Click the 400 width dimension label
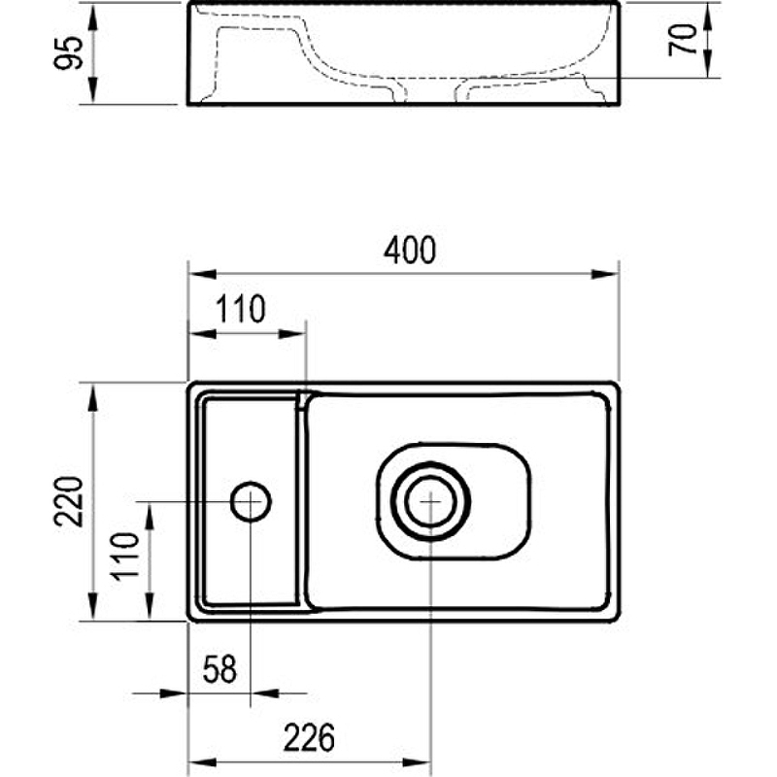pyautogui.click(x=409, y=251)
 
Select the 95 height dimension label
pyautogui.click(x=68, y=53)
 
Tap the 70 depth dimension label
pyautogui.click(x=683, y=40)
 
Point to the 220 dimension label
pyautogui.click(x=68, y=501)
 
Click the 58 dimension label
pyautogui.click(x=220, y=669)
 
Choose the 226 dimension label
pyautogui.click(x=309, y=738)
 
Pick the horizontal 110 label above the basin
pyautogui.click(x=240, y=309)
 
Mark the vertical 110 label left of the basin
pyautogui.click(x=124, y=557)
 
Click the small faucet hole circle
pyautogui.click(x=251, y=501)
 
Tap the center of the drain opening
pyautogui.click(x=430, y=501)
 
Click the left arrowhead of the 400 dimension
pyautogui.click(x=203, y=274)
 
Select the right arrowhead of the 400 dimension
pyautogui.click(x=604, y=274)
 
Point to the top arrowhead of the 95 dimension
pyautogui.click(x=92, y=17)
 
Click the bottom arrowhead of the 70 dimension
pyautogui.click(x=708, y=64)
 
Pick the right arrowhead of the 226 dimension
pyautogui.click(x=417, y=762)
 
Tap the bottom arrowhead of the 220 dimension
pyautogui.click(x=92, y=606)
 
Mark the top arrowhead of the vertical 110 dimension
pyautogui.click(x=150, y=516)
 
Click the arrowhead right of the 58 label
pyautogui.click(x=265, y=693)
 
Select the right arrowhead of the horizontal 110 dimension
pyautogui.click(x=292, y=333)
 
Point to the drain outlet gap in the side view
pyautogui.click(x=430, y=95)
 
